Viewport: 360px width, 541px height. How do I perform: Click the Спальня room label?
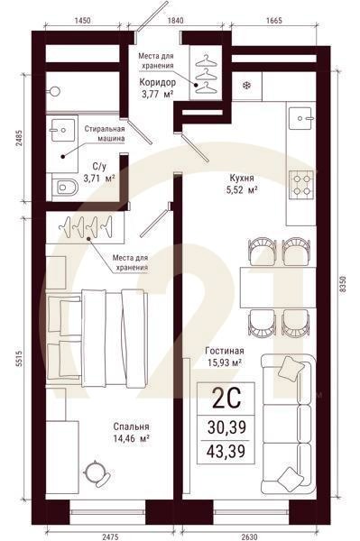coord(131,426)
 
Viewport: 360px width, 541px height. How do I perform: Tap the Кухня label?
coord(242,178)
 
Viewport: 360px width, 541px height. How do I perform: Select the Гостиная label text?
coord(225,351)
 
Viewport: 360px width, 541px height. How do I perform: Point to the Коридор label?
coord(157,82)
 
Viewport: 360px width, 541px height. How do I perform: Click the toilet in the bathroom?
coord(65,187)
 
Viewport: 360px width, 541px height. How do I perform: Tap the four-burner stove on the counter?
coord(301,185)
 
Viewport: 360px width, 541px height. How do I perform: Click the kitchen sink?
coord(301,118)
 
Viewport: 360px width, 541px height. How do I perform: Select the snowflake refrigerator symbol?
coord(246,86)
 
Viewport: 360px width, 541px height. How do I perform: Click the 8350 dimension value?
coord(342,284)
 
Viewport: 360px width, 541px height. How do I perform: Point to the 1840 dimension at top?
coord(175,21)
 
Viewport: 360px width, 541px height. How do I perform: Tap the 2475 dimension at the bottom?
coord(110,536)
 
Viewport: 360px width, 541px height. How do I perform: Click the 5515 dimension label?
coord(19,359)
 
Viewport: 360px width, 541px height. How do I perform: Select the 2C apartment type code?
coord(226,398)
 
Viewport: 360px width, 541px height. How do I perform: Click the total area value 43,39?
coord(226,451)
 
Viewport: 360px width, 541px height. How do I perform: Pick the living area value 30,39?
coord(226,427)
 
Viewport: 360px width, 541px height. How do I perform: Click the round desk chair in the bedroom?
coord(97,473)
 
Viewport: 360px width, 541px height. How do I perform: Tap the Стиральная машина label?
coord(106,133)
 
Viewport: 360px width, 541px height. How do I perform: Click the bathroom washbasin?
coord(63,130)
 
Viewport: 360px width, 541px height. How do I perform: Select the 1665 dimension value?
coord(273,21)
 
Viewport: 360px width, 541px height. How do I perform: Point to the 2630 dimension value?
coord(249,536)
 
